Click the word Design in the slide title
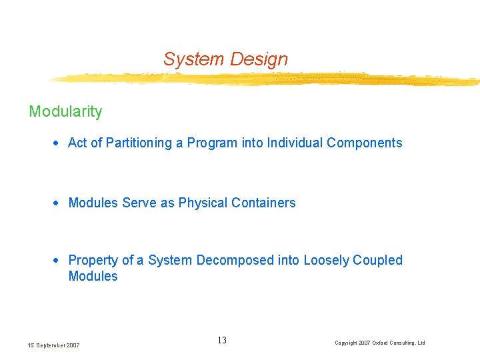coord(259,59)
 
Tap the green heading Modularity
coord(65,111)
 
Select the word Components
coord(364,143)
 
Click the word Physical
coord(202,203)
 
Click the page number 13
coord(222,341)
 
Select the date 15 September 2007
coord(53,345)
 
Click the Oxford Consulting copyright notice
coord(379,343)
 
